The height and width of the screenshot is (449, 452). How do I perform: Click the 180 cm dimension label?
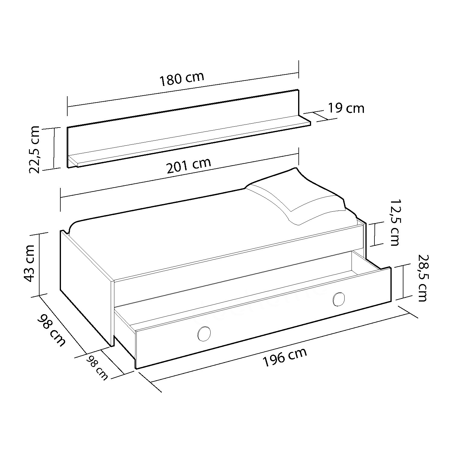pyautogui.click(x=182, y=79)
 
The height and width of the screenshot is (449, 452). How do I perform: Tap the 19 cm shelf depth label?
pyautogui.click(x=346, y=108)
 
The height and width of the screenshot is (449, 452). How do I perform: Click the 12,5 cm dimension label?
pyautogui.click(x=395, y=223)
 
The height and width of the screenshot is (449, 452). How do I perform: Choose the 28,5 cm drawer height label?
pyautogui.click(x=422, y=278)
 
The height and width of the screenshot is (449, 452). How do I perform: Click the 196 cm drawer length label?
pyautogui.click(x=285, y=357)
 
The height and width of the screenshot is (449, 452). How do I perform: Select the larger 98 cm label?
pyautogui.click(x=51, y=330)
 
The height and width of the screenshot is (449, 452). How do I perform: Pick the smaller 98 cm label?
pyautogui.click(x=97, y=367)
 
